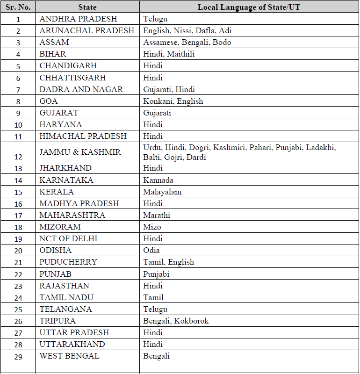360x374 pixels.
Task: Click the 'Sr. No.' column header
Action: pos(18,7)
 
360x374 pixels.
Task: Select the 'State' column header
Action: pos(87,7)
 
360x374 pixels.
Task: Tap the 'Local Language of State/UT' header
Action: pos(249,7)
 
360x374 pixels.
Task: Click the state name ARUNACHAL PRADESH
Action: pos(87,31)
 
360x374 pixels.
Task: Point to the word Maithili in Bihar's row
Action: pos(180,54)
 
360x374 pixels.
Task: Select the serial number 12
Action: pos(18,152)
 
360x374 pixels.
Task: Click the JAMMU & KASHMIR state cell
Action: pos(80,152)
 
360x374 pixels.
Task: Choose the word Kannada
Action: pos(158,180)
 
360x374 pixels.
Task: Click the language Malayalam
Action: pos(162,192)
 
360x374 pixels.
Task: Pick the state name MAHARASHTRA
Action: pos(72,215)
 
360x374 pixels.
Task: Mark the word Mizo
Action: pos(152,227)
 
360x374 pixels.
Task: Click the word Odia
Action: pos(151,250)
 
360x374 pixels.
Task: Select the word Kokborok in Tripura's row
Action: pos(192,321)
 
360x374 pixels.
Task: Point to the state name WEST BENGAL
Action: pos(69,356)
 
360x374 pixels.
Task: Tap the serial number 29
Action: pos(18,356)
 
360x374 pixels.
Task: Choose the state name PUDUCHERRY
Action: pos(68,262)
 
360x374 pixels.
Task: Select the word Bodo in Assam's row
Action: pos(222,43)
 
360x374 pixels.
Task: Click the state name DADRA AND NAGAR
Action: pos(81,89)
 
